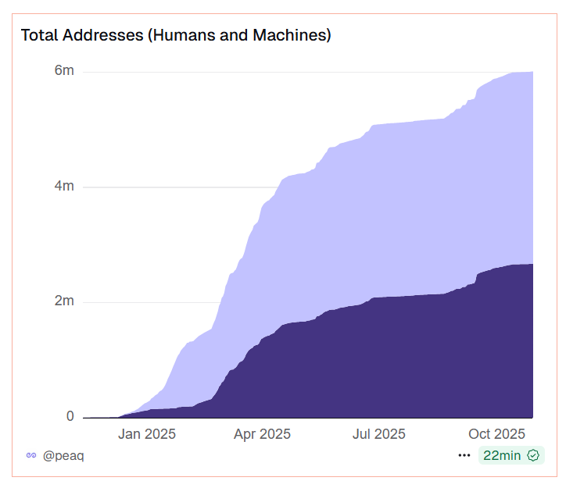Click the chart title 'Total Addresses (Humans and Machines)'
(x=175, y=35)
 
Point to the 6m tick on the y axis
(x=64, y=70)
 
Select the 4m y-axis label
(x=64, y=186)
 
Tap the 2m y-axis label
(x=64, y=301)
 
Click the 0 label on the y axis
(x=70, y=416)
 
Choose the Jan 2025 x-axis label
(x=147, y=434)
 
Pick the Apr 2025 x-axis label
(x=262, y=434)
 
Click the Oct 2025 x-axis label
(x=496, y=434)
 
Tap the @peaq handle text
(x=63, y=455)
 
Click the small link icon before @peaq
(x=31, y=455)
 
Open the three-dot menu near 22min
(x=464, y=455)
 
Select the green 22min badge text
(x=503, y=455)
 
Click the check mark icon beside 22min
(x=534, y=455)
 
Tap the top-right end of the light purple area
(x=532, y=73)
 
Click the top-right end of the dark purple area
(x=532, y=265)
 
